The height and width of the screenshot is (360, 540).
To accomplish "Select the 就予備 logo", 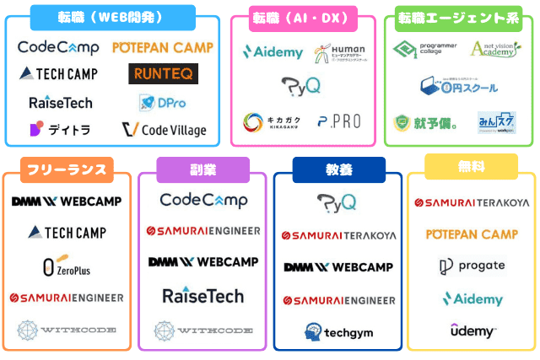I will [x=425, y=123].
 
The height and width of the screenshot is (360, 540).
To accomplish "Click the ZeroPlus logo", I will [x=67, y=267].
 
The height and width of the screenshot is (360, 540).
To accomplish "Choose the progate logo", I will [x=472, y=266].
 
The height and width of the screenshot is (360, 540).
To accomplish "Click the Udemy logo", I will [x=472, y=330].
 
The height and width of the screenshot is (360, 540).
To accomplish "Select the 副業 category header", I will [x=202, y=169].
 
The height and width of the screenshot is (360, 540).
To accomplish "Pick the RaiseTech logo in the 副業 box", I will [x=202, y=295].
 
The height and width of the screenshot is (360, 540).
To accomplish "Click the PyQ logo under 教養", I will [x=337, y=202].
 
